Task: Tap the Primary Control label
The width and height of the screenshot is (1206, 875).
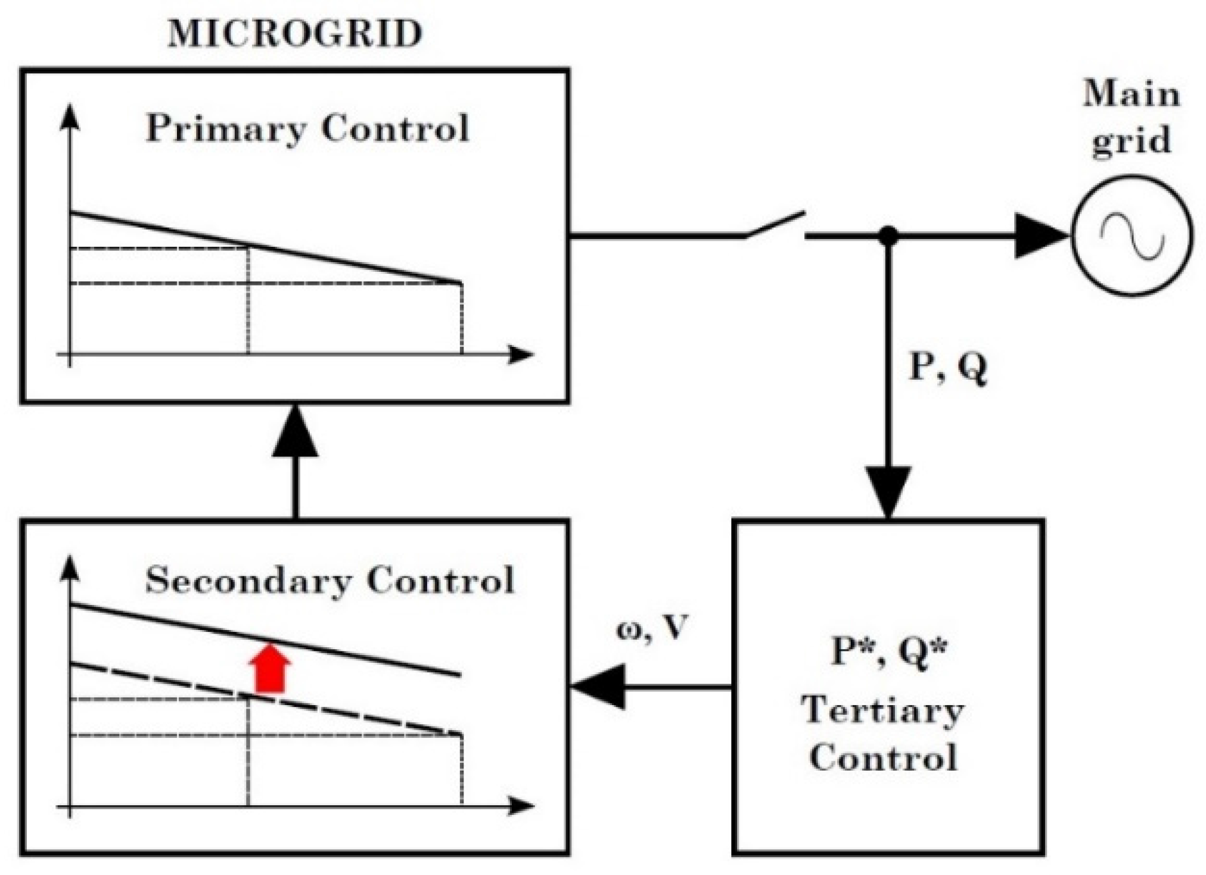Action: (307, 128)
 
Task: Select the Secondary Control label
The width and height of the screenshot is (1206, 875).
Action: (330, 580)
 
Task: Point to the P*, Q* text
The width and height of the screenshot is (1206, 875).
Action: (888, 651)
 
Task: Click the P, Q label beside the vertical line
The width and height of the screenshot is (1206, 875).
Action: (947, 368)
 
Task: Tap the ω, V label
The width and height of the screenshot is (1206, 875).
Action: (652, 628)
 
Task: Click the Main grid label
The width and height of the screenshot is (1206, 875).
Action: (1131, 118)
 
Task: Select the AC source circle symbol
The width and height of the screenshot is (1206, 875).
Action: (1132, 236)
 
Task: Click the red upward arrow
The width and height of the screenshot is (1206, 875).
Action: (270, 668)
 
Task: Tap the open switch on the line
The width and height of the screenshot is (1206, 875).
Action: (775, 226)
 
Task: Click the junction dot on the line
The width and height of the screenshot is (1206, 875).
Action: (888, 236)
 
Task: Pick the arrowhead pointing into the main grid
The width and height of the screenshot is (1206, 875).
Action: (1040, 236)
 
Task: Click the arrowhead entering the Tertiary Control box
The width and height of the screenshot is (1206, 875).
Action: (888, 492)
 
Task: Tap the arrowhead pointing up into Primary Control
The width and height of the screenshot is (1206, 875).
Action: (295, 432)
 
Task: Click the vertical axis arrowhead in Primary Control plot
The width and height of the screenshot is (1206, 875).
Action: (70, 116)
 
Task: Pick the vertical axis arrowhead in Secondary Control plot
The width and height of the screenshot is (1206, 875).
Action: (70, 568)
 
